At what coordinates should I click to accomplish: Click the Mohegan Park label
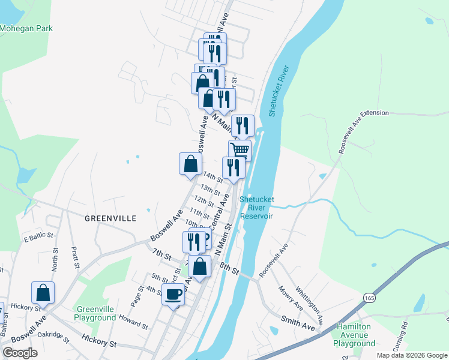(x=26, y=28)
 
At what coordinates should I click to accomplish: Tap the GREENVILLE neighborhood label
(x=110, y=218)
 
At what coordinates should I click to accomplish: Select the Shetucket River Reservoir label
(x=257, y=208)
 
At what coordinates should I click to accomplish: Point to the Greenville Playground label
(x=95, y=313)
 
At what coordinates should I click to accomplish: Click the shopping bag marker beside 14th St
(x=190, y=163)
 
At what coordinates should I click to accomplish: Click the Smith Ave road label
(x=300, y=324)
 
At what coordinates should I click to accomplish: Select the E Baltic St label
(x=38, y=239)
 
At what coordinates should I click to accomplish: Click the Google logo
(x=20, y=353)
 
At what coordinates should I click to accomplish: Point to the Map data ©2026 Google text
(x=411, y=355)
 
